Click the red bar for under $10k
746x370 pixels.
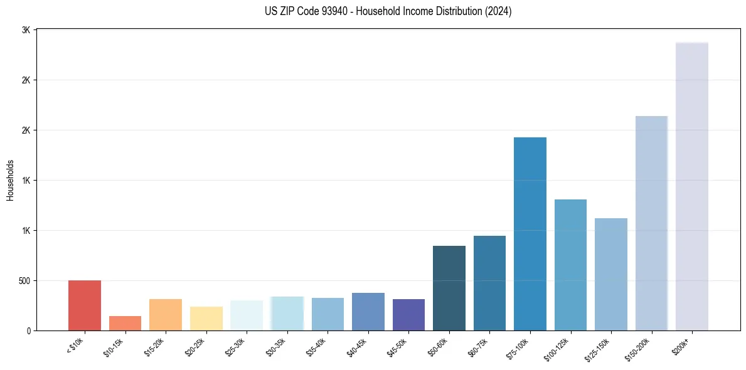coord(85,305)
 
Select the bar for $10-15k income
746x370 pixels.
coord(125,323)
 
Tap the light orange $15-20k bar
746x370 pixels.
coord(166,315)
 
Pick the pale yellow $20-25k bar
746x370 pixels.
coord(206,319)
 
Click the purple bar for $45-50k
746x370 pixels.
coord(408,315)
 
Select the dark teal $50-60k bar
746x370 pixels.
coord(449,288)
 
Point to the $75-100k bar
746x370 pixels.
coord(530,234)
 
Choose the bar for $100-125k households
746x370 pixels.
coord(570,265)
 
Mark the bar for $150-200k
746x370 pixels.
coord(651,223)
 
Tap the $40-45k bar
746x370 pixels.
coord(368,312)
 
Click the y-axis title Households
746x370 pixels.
coord(11,180)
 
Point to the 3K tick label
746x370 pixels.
coord(26,30)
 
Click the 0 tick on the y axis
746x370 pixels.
coord(28,330)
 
